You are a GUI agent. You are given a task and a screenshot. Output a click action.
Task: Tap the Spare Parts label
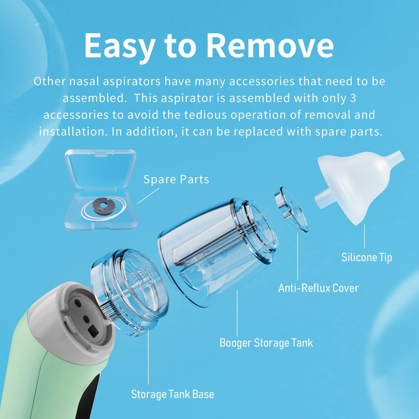click(176, 179)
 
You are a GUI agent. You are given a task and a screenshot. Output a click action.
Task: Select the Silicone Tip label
click(367, 257)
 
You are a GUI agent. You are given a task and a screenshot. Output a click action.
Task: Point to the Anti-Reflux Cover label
click(318, 288)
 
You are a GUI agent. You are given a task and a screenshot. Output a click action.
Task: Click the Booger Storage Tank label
click(266, 343)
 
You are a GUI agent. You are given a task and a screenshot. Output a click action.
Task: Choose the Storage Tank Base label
click(173, 394)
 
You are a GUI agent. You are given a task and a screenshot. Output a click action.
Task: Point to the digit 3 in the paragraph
click(353, 98)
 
